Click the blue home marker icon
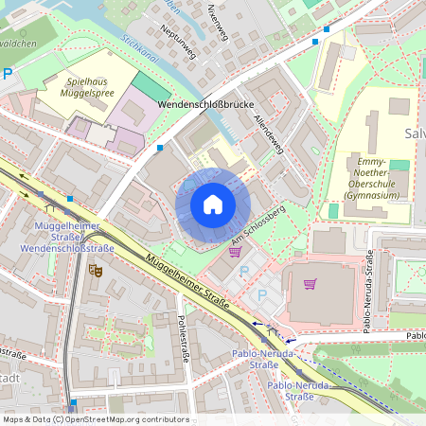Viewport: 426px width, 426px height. pyautogui.click(x=213, y=204)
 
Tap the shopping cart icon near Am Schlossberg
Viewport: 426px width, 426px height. pyautogui.click(x=235, y=251)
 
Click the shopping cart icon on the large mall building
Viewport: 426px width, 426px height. pyautogui.click(x=310, y=284)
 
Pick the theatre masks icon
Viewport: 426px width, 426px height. pyautogui.click(x=95, y=270)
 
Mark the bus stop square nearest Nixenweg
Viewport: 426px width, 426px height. pyautogui.click(x=327, y=28)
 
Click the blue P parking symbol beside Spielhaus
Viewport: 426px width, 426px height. pyautogui.click(x=9, y=74)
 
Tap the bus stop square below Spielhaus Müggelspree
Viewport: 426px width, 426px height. pyautogui.click(x=160, y=148)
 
